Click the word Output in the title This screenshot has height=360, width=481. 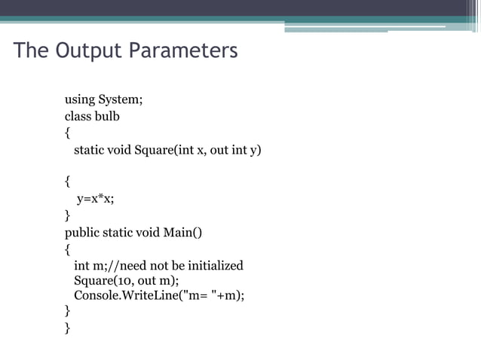point(87,51)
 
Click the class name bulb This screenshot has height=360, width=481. point(106,117)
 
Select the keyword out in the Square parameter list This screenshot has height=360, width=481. point(219,150)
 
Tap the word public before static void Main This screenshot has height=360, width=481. point(83,232)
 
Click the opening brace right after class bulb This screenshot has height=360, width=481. point(67,133)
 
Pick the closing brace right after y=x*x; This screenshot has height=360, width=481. point(67,215)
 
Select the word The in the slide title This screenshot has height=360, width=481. point(30,51)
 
